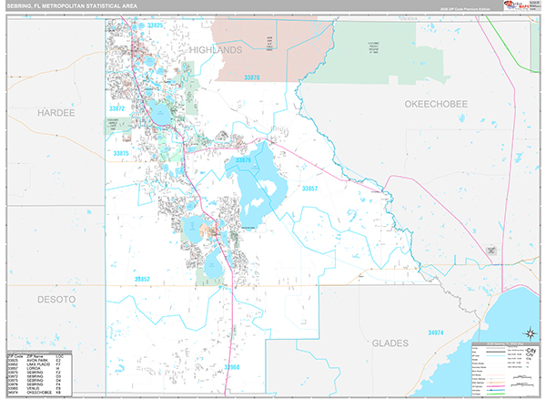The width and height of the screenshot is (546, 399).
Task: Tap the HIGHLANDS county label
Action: click(217, 49)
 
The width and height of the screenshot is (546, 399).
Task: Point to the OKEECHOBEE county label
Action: click(435, 104)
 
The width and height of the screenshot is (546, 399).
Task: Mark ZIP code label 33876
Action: click(244, 160)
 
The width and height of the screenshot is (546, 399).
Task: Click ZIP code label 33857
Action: click(309, 189)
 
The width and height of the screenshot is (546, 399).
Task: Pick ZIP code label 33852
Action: click(143, 278)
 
